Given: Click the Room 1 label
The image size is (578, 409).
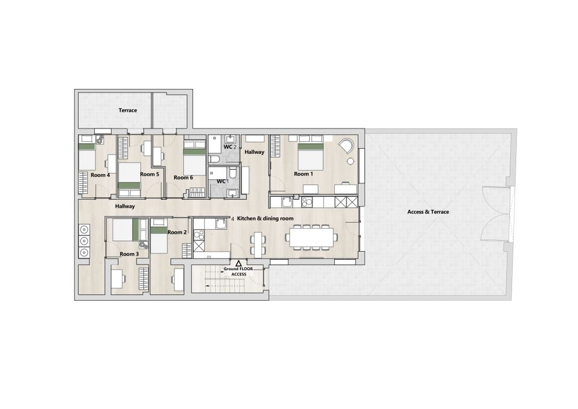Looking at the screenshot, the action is coord(303,174).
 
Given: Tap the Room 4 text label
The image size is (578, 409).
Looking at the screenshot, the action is coord(100,175).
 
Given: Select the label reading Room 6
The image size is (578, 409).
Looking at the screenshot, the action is coord(183,178).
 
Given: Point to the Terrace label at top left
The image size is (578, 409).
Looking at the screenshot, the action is coord(128,110).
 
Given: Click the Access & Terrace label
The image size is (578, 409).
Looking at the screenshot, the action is coord(428,212).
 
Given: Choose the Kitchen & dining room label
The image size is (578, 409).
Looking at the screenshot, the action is coord(265,218).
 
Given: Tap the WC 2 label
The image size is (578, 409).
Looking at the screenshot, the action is coord(230,147).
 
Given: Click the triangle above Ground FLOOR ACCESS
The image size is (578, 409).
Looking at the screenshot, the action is coord(239,263).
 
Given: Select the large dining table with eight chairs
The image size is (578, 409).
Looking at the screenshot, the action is coord(312,237).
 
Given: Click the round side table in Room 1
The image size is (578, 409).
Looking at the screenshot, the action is coord(350,161).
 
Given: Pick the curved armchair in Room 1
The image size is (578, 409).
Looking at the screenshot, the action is coord(346,145).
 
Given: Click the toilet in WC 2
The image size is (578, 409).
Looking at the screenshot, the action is coord(214,159).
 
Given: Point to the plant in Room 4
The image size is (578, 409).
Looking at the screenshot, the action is coord(99,139).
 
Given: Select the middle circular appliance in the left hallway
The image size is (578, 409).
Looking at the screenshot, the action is coord(84,241).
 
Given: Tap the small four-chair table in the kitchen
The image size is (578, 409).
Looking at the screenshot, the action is coord(258,244).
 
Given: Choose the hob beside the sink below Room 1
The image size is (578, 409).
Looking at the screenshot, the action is coord(306,202).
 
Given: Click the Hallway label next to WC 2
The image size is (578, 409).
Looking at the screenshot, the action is coord(254,152).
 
